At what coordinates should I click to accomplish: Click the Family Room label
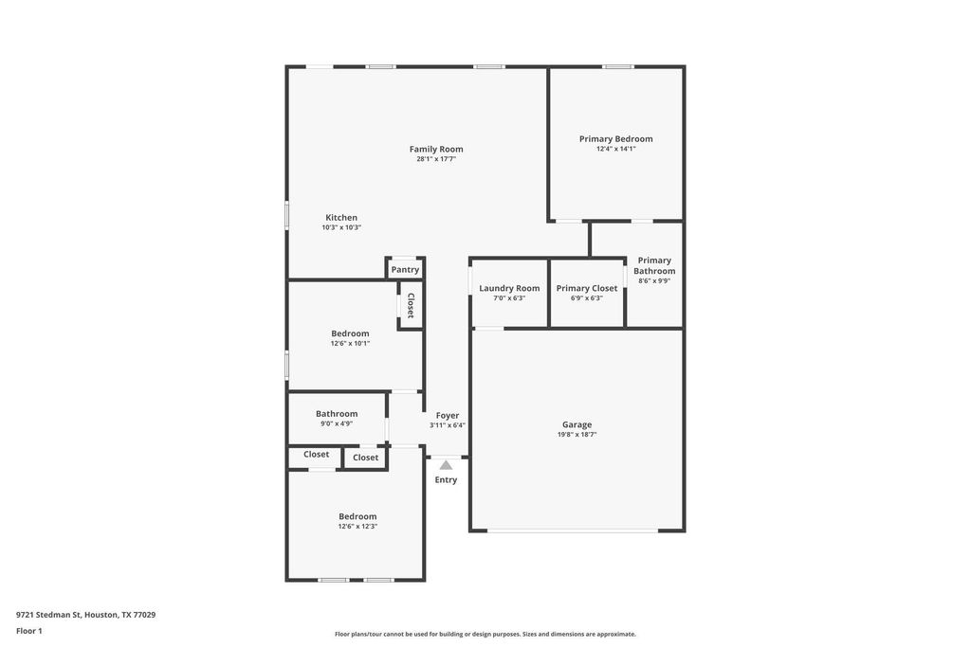[436, 149]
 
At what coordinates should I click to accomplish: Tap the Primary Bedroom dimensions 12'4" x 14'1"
[616, 149]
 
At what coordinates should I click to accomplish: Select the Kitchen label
[341, 218]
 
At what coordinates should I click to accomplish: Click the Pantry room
[405, 269]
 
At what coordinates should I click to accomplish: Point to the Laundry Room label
[509, 288]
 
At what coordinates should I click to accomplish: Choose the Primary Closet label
[586, 288]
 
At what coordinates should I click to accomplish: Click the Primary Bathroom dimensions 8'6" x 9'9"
[654, 280]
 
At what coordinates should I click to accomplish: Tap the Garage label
[577, 425]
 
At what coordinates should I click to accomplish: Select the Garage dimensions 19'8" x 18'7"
[577, 435]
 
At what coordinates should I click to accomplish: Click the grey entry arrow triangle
[446, 465]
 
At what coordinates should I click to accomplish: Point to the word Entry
[446, 480]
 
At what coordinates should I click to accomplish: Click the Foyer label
[448, 416]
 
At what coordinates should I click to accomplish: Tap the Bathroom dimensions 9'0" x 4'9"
[337, 424]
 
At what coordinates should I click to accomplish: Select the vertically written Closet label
[411, 305]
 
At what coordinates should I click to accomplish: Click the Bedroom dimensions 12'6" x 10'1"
[350, 344]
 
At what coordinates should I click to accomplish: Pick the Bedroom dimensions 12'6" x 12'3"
[357, 527]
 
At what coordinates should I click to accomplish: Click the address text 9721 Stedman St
[48, 615]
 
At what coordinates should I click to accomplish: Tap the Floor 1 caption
[29, 631]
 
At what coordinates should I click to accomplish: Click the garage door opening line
[573, 530]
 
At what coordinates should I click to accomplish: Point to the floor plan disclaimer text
[485, 634]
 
